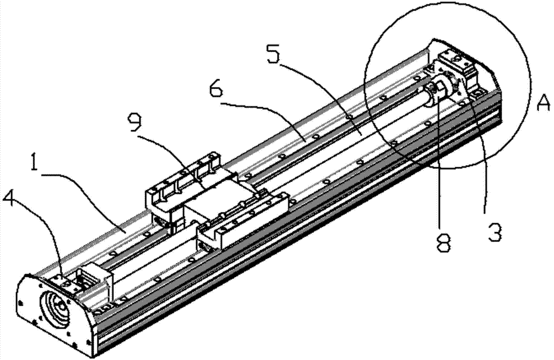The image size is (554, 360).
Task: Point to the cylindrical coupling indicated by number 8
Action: [439, 91]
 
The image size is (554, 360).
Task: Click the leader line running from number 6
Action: [269, 118]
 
